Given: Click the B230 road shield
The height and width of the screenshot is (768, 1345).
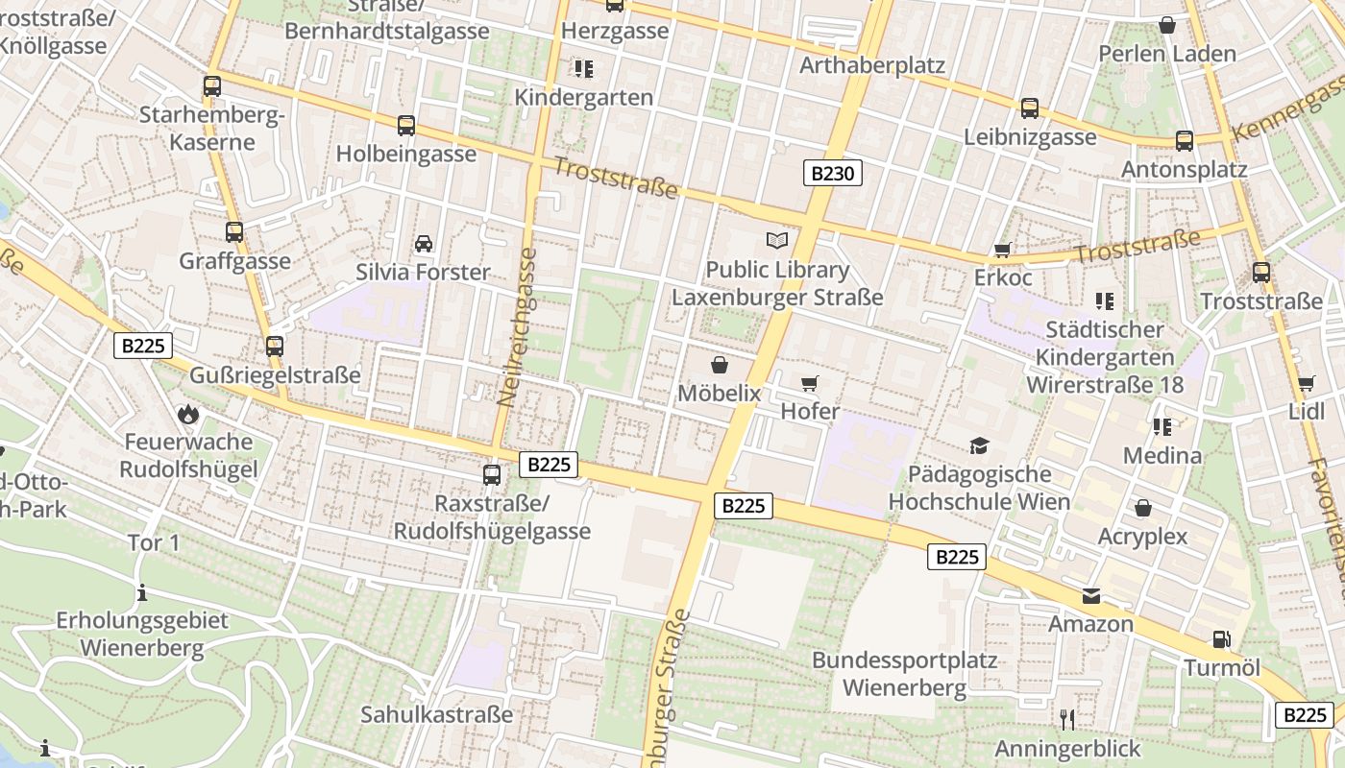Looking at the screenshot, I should [832, 174].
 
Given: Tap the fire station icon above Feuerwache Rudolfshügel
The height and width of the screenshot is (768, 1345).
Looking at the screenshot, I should [187, 415].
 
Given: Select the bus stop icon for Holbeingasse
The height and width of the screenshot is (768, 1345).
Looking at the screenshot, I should [406, 126].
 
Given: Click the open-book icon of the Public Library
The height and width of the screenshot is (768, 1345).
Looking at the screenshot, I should [776, 241].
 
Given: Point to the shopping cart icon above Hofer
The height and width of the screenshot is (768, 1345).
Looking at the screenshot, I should [809, 384].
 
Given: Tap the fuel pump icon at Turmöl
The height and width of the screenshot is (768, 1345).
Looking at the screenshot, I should [1221, 639].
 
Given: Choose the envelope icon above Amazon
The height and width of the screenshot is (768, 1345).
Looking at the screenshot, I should [1091, 596].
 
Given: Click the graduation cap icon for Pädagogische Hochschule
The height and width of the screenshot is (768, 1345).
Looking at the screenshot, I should [979, 445].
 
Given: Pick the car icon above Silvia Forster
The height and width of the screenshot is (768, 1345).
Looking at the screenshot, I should [423, 244].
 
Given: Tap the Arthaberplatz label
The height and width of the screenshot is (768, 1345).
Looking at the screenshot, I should [872, 65].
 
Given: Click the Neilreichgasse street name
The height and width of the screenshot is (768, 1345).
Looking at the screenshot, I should [516, 326].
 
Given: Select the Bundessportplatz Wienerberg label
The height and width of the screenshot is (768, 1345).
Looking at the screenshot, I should [904, 674].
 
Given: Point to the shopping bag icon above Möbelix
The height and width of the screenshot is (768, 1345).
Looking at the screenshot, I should [719, 366].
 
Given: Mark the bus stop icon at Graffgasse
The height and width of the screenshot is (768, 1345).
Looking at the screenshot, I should [234, 232].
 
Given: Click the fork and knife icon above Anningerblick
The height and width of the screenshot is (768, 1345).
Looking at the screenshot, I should [1066, 720].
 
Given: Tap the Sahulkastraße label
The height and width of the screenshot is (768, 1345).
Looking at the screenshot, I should [436, 714].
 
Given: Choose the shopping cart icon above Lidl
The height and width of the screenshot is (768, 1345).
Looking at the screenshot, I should [1306, 384].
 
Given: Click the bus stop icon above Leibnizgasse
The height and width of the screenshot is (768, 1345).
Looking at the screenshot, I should [1030, 108].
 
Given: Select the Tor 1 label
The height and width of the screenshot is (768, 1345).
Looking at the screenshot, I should [154, 542].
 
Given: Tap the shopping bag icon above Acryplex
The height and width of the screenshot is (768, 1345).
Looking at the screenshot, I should [1143, 508].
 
